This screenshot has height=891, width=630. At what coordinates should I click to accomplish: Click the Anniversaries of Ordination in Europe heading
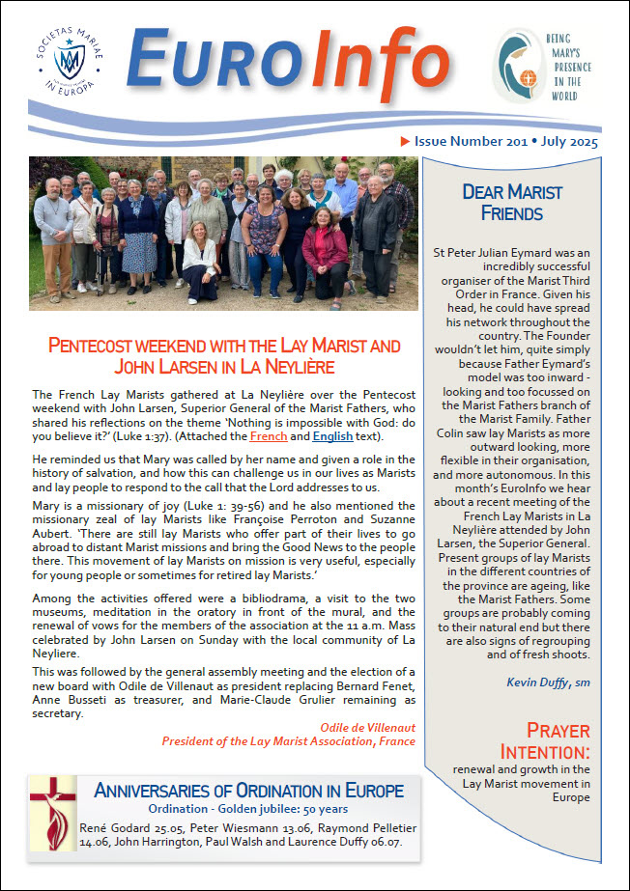coord(248,791)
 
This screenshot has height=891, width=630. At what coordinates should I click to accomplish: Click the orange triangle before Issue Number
coord(405,142)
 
